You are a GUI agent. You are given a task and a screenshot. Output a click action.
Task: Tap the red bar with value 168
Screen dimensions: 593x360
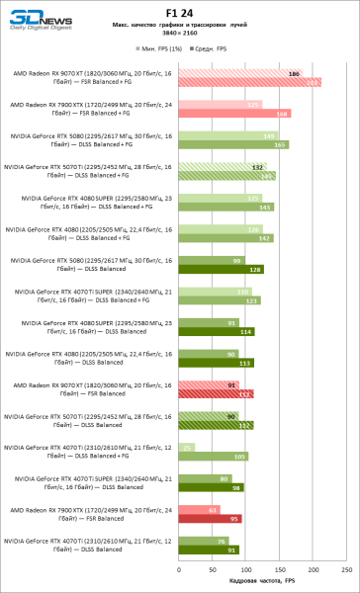[x=229, y=114]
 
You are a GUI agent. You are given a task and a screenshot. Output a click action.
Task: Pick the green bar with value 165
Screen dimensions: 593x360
[x=227, y=145]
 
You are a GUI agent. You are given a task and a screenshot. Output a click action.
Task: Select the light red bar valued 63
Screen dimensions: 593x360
[x=199, y=509]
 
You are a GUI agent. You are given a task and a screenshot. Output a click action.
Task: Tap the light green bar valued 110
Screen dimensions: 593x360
[x=213, y=292]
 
